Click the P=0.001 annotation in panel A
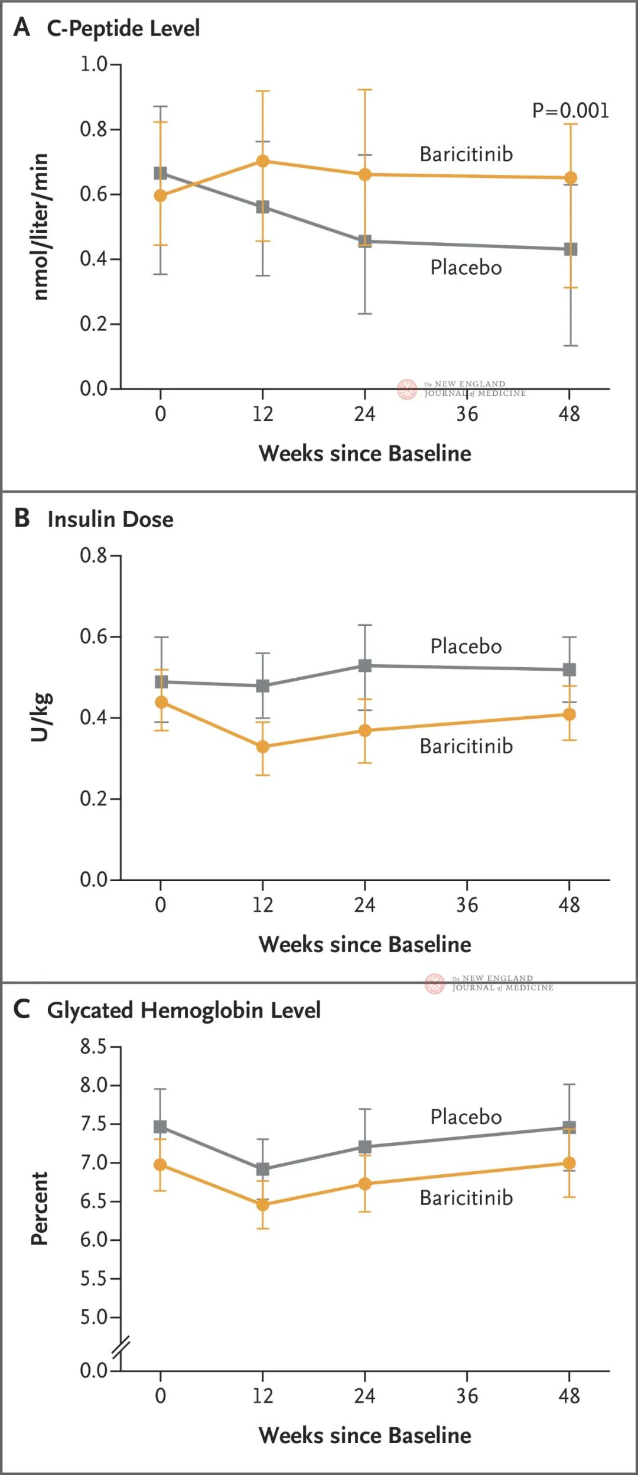point(570,111)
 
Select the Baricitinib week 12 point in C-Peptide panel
point(263,161)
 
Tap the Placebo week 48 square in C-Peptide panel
point(570,249)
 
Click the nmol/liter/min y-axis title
point(40,227)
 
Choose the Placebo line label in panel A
point(466,268)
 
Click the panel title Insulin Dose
point(110,519)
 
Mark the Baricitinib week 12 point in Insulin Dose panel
point(263,747)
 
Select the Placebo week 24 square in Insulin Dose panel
point(365,665)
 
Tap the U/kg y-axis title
point(41,717)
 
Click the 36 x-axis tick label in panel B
point(467,905)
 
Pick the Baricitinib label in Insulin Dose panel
point(466,746)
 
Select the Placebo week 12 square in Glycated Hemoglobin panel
point(263,1169)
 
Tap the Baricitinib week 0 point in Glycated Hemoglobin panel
point(160,1165)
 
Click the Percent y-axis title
point(40,1208)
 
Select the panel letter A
point(22,27)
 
